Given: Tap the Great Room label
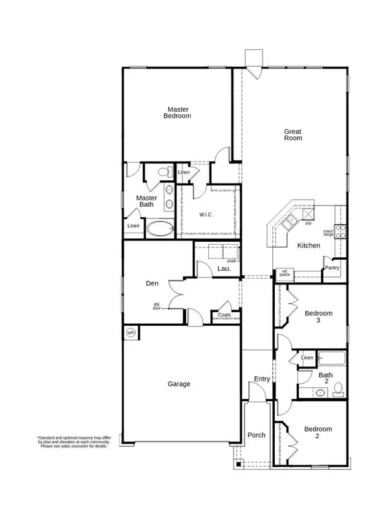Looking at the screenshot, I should click(x=293, y=134).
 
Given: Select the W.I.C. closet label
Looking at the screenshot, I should click(x=207, y=214).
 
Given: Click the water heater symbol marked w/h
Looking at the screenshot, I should click(x=131, y=333).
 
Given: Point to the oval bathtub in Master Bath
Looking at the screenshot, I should click(x=160, y=228).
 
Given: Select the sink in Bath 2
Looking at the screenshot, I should click(x=319, y=392).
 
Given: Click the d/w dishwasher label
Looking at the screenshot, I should click(x=308, y=224).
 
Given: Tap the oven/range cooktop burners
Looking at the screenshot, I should click(x=341, y=228).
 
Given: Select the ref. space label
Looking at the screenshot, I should click(x=284, y=274).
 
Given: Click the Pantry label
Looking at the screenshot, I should click(x=332, y=267).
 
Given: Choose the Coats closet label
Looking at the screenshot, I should click(x=224, y=315).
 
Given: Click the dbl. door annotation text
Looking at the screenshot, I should click(x=157, y=306).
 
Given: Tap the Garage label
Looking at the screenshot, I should click(x=179, y=384).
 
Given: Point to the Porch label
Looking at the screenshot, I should click(x=257, y=435).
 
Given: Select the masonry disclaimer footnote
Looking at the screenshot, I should click(x=72, y=442).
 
